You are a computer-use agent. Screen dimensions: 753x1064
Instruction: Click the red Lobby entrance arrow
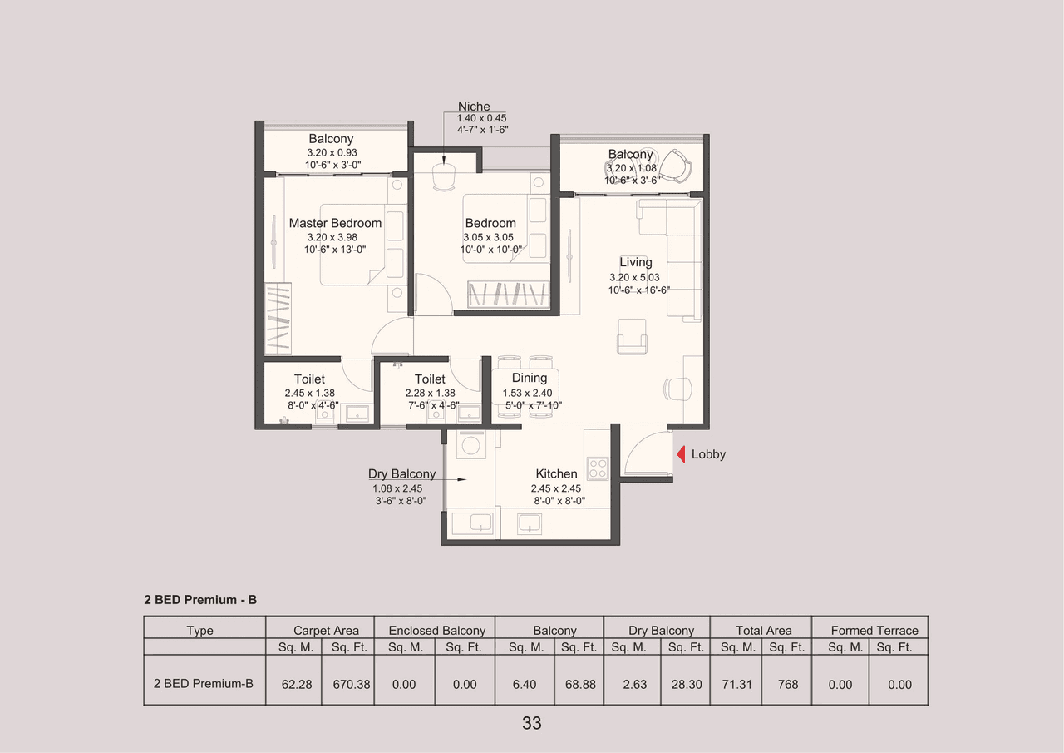pyautogui.click(x=679, y=454)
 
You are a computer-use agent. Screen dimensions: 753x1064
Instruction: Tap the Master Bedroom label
pyautogui.click(x=335, y=223)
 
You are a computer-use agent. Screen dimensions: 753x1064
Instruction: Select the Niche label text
pyautogui.click(x=474, y=107)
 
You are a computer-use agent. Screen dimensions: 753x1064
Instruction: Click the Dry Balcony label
pyautogui.click(x=401, y=474)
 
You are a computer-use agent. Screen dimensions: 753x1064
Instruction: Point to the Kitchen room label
pyautogui.click(x=556, y=474)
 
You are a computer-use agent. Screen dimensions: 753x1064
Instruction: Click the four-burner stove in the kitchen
pyautogui.click(x=597, y=468)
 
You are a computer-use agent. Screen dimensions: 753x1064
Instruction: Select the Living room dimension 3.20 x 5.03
pyautogui.click(x=635, y=277)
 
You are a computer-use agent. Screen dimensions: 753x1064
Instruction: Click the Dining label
pyautogui.click(x=530, y=379)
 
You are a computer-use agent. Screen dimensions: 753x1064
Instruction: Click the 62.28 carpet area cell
pyautogui.click(x=297, y=685)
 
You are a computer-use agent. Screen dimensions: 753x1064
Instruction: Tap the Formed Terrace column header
pyautogui.click(x=874, y=631)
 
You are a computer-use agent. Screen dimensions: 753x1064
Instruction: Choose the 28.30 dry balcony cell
pyautogui.click(x=687, y=685)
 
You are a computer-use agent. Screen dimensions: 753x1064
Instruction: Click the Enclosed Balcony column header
pyautogui.click(x=436, y=631)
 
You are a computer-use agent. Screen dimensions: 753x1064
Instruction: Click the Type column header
pyautogui.click(x=199, y=631)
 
